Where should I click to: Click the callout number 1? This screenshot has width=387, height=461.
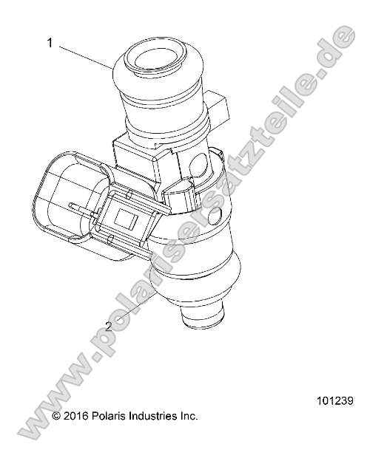point(50,44)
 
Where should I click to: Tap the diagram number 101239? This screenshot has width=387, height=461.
point(334,402)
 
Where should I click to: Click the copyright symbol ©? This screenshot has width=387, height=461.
point(57,417)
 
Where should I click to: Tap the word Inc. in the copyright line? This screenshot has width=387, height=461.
point(188,417)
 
